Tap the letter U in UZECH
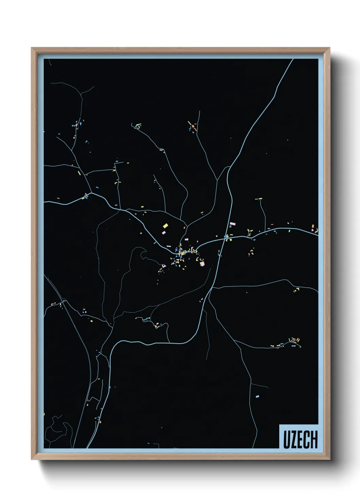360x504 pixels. click(287, 440)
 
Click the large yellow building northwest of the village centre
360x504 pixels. click(165, 225)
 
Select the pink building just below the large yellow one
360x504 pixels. click(163, 233)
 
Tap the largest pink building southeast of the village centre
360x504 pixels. click(202, 264)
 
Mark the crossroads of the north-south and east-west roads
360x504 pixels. click(225, 239)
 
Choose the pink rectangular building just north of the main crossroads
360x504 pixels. click(232, 224)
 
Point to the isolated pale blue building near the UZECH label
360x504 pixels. click(257, 396)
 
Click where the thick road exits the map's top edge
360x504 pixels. click(293, 60)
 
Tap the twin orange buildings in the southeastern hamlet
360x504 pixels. click(297, 340)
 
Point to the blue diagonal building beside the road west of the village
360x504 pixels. click(155, 243)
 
